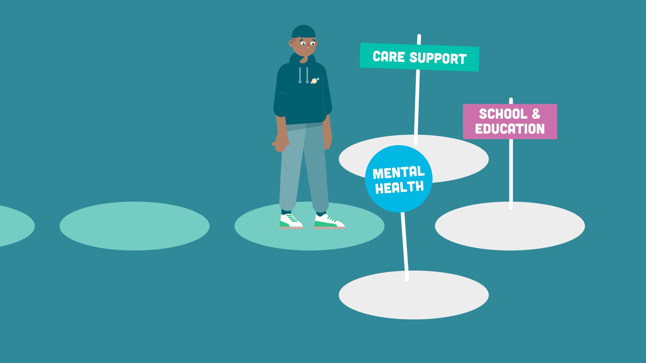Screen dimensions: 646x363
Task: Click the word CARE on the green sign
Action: tap(389, 56)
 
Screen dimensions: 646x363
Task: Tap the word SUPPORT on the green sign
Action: tap(438, 58)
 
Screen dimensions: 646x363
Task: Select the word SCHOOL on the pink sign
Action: tap(503, 114)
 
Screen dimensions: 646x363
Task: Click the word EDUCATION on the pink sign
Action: tap(510, 129)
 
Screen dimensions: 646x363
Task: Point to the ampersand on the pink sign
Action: tap(536, 114)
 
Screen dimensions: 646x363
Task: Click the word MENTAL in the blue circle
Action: tap(399, 173)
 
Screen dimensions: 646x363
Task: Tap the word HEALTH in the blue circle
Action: tap(399, 188)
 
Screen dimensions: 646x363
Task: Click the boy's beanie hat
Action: tap(303, 31)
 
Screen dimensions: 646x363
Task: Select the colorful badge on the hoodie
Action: tap(315, 81)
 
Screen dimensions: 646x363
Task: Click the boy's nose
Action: tap(308, 47)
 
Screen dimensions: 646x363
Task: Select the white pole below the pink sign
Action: tap(511, 174)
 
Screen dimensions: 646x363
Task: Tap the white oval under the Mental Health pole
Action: tap(414, 295)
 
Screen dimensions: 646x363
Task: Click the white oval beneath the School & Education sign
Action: tap(510, 226)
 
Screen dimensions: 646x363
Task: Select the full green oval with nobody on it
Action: tap(134, 226)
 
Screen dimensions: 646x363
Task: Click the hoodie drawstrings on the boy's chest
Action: tap(303, 75)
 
